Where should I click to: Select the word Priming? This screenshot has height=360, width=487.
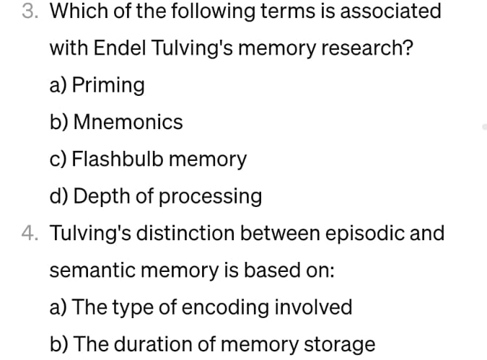(x=108, y=86)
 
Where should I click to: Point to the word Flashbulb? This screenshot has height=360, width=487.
(x=118, y=159)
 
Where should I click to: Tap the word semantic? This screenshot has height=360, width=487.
(x=93, y=271)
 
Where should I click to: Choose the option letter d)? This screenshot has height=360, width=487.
(x=58, y=196)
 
